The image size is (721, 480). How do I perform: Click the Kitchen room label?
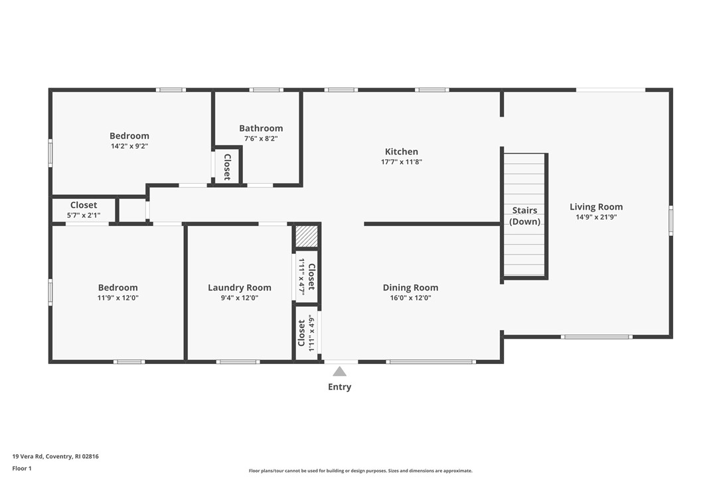click(402, 151)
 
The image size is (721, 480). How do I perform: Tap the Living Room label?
click(596, 206)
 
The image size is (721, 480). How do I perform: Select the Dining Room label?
click(410, 287)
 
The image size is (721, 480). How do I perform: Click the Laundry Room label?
click(239, 287)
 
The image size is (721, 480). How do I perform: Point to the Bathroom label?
click(261, 128)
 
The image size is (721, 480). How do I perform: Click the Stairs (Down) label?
click(524, 216)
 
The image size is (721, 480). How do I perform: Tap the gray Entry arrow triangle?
click(339, 371)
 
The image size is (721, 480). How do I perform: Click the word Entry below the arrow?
click(339, 387)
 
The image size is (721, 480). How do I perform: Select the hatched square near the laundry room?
click(307, 236)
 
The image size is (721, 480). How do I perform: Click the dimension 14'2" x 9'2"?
click(129, 146)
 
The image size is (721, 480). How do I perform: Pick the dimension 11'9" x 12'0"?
click(118, 298)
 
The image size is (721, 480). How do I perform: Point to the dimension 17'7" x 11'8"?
click(402, 161)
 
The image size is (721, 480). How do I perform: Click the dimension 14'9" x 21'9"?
click(596, 217)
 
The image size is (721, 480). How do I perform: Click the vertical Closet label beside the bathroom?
click(227, 166)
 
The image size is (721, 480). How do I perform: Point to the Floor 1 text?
click(22, 468)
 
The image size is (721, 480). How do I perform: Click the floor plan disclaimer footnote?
click(360, 471)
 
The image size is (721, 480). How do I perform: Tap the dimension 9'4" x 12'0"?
click(239, 298)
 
